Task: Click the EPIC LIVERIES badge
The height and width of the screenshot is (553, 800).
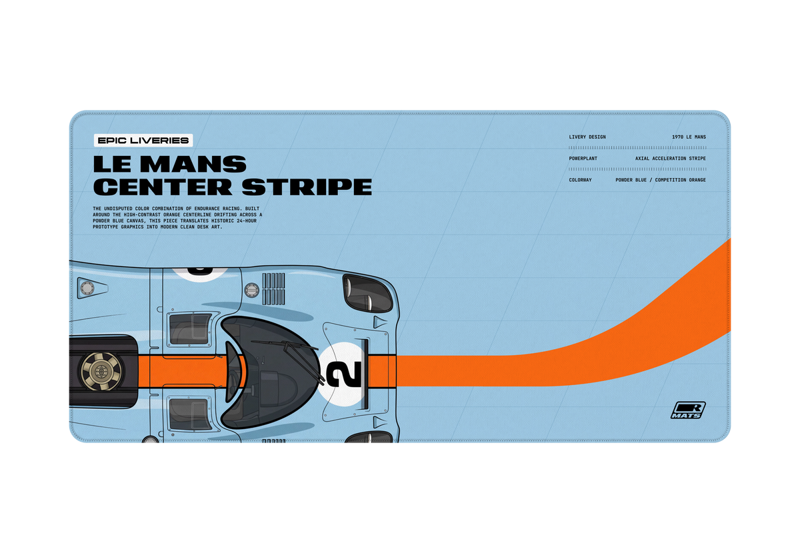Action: (143, 141)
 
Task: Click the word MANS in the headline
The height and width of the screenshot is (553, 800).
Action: (193, 164)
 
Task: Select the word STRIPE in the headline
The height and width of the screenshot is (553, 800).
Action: (307, 187)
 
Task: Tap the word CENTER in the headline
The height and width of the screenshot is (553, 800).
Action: (163, 187)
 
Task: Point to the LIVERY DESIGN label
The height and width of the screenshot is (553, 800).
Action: (587, 137)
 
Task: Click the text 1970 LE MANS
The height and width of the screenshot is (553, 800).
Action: (689, 137)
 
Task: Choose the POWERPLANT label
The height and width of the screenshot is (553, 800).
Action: (583, 159)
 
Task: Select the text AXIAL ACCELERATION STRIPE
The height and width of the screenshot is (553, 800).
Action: (671, 159)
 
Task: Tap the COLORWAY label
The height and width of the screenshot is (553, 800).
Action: (580, 180)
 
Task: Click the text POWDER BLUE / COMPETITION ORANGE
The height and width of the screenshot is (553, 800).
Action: (661, 180)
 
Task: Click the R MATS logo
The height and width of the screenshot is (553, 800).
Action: (688, 410)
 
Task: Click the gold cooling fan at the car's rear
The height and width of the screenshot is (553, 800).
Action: (101, 371)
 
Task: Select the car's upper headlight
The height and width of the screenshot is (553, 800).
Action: (367, 292)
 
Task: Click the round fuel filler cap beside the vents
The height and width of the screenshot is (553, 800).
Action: (252, 290)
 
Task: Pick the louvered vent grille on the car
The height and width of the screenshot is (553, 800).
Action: (273, 288)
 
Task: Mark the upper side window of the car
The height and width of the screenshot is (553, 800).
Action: (190, 329)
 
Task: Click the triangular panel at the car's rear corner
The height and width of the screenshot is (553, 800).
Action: (91, 287)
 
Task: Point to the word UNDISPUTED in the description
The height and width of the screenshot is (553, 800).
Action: (118, 209)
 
